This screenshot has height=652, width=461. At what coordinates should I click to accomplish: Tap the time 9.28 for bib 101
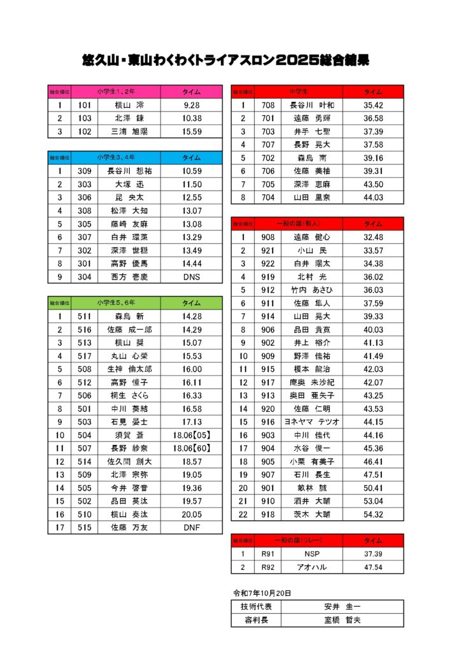click(191, 105)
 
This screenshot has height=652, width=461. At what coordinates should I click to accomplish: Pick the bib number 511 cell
click(85, 316)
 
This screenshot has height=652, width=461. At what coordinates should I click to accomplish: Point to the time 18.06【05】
click(191, 435)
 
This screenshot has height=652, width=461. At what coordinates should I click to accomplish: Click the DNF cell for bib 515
click(191, 527)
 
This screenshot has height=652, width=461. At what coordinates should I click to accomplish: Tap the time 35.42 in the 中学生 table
click(373, 105)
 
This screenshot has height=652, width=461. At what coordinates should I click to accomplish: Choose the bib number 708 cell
click(267, 105)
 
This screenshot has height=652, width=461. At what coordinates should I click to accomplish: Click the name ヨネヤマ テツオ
click(312, 422)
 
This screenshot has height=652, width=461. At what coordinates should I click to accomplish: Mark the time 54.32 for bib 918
click(373, 514)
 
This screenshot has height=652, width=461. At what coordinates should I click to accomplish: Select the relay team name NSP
click(312, 554)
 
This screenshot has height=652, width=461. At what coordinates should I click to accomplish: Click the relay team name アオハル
click(312, 567)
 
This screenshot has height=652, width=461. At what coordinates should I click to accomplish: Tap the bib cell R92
click(267, 567)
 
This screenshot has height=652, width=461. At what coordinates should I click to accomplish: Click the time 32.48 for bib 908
click(373, 237)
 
